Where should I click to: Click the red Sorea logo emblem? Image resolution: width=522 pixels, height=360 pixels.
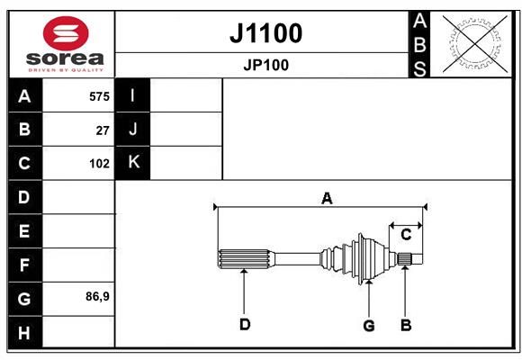[x=66, y=33]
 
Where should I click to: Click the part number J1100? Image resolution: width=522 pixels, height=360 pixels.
[x=266, y=33]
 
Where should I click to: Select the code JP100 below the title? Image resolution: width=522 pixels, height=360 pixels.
[x=266, y=65]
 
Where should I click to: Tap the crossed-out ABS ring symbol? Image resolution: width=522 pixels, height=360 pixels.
[x=475, y=44]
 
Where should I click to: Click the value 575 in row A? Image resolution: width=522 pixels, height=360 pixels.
[x=99, y=96]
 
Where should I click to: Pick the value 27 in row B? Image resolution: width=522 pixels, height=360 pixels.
[x=103, y=130]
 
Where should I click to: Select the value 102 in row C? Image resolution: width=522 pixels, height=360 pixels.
[x=99, y=164]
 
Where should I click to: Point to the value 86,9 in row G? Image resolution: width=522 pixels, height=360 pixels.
[x=97, y=296]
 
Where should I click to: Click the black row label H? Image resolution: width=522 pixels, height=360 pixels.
[x=25, y=332]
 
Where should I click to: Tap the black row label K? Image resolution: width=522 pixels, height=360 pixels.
[x=132, y=163]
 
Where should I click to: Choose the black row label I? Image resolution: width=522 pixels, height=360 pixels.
[x=132, y=95]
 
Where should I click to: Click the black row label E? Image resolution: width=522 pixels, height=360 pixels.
[x=25, y=230]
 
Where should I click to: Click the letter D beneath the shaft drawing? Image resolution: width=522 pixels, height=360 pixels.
[x=245, y=324]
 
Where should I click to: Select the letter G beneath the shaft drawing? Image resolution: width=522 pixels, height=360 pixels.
[x=369, y=326]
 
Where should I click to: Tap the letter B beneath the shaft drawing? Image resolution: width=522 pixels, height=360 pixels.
[x=406, y=325]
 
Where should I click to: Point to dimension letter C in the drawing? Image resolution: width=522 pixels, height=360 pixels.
[x=406, y=235]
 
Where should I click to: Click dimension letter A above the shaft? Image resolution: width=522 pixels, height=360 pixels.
[x=327, y=199]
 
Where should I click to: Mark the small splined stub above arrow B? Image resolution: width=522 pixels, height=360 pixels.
[x=405, y=259]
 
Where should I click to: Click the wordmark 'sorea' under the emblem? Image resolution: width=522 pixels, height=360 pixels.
[x=65, y=58]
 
